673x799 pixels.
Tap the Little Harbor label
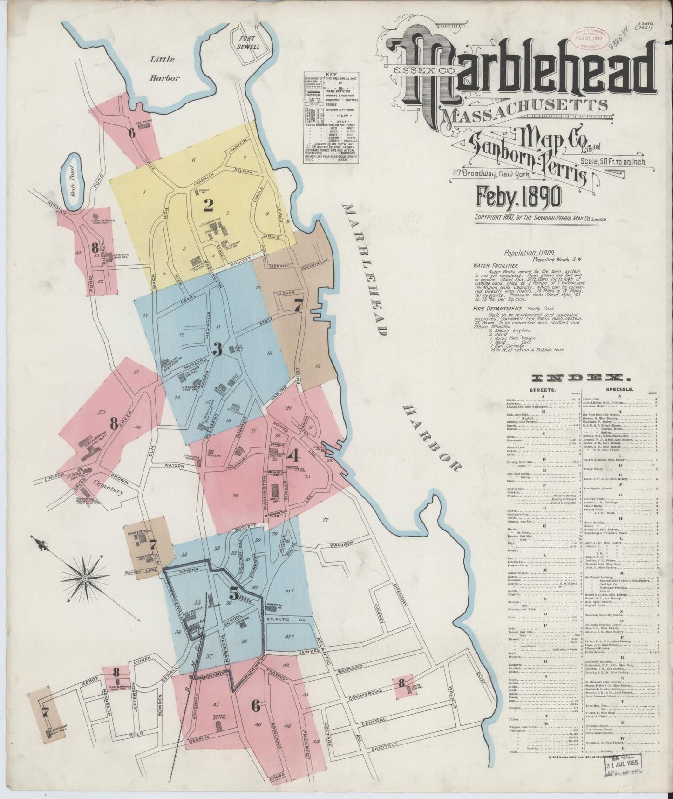coord(163,69)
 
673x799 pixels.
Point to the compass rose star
coord(86,579)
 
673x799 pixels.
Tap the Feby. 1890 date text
coord(517,199)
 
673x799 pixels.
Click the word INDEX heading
coord(582,377)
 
